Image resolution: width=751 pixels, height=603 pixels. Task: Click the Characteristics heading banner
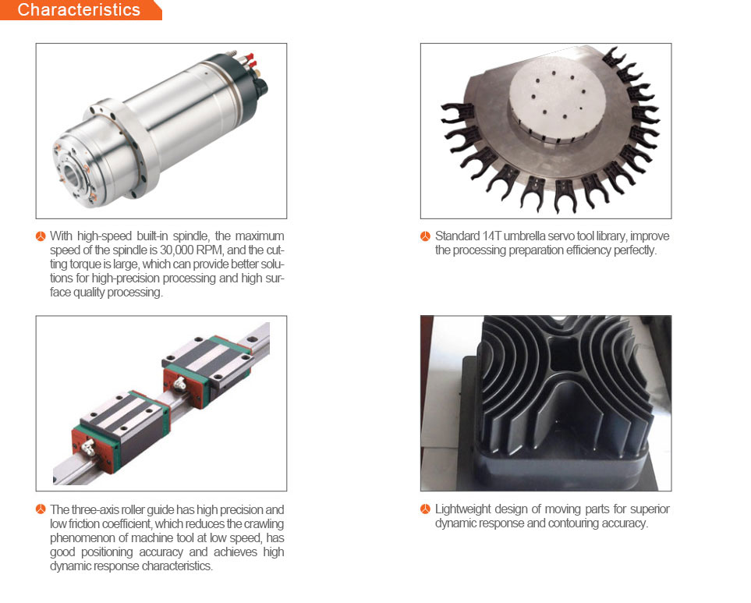click(80, 10)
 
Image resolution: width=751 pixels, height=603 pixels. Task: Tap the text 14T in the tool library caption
click(492, 236)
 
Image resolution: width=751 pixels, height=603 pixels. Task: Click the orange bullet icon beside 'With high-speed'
click(41, 236)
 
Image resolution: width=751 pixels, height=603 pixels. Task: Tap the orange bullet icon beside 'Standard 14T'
click(425, 236)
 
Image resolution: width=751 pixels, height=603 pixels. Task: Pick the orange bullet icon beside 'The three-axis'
click(41, 509)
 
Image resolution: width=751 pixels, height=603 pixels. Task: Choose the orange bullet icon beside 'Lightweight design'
click(425, 509)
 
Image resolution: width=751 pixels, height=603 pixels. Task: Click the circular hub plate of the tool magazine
click(557, 98)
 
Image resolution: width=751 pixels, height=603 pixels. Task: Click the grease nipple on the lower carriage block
click(88, 447)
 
